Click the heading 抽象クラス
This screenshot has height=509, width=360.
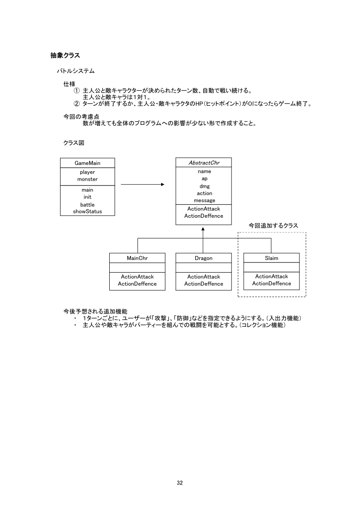point(65,56)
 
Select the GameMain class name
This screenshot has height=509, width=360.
point(87,163)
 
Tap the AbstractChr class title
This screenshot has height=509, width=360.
point(204,163)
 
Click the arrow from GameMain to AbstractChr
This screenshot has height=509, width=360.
point(142,185)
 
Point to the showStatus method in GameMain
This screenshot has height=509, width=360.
point(87,212)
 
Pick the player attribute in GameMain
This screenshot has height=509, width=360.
point(87,172)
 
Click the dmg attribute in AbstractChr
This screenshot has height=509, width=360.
point(204,186)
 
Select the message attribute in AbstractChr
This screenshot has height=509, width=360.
point(204,200)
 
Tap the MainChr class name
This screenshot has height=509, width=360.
point(137,258)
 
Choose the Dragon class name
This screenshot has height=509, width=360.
point(204,258)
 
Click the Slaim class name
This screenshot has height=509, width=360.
point(271,258)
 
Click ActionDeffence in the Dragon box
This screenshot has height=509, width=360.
point(204,284)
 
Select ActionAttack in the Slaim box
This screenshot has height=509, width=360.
point(272,276)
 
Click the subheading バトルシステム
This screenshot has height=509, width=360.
point(75,71)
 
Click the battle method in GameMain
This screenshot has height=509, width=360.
point(87,205)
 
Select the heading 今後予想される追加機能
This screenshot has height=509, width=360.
point(95,311)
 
